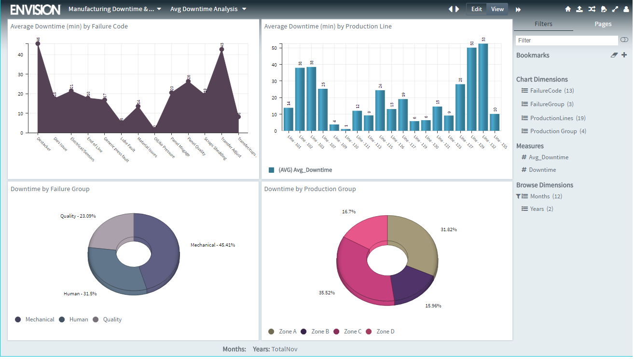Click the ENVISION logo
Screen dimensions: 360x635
click(35, 9)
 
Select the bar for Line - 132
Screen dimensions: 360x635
click(483, 87)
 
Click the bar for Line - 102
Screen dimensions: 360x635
click(300, 99)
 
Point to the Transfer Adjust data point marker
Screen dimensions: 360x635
click(221, 49)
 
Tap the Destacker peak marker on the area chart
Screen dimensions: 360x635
click(38, 43)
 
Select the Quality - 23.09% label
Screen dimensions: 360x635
click(78, 216)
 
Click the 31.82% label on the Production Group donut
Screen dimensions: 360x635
click(448, 229)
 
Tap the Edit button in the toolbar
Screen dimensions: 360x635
click(476, 9)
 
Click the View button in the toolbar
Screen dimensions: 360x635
click(497, 9)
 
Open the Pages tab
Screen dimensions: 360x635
click(603, 24)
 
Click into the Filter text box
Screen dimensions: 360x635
click(566, 41)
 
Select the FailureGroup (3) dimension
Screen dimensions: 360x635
click(547, 104)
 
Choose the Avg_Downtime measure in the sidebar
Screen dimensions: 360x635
click(548, 157)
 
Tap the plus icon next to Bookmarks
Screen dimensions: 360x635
click(624, 55)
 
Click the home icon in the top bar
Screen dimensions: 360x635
click(568, 9)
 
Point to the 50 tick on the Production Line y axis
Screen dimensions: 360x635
click(274, 48)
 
